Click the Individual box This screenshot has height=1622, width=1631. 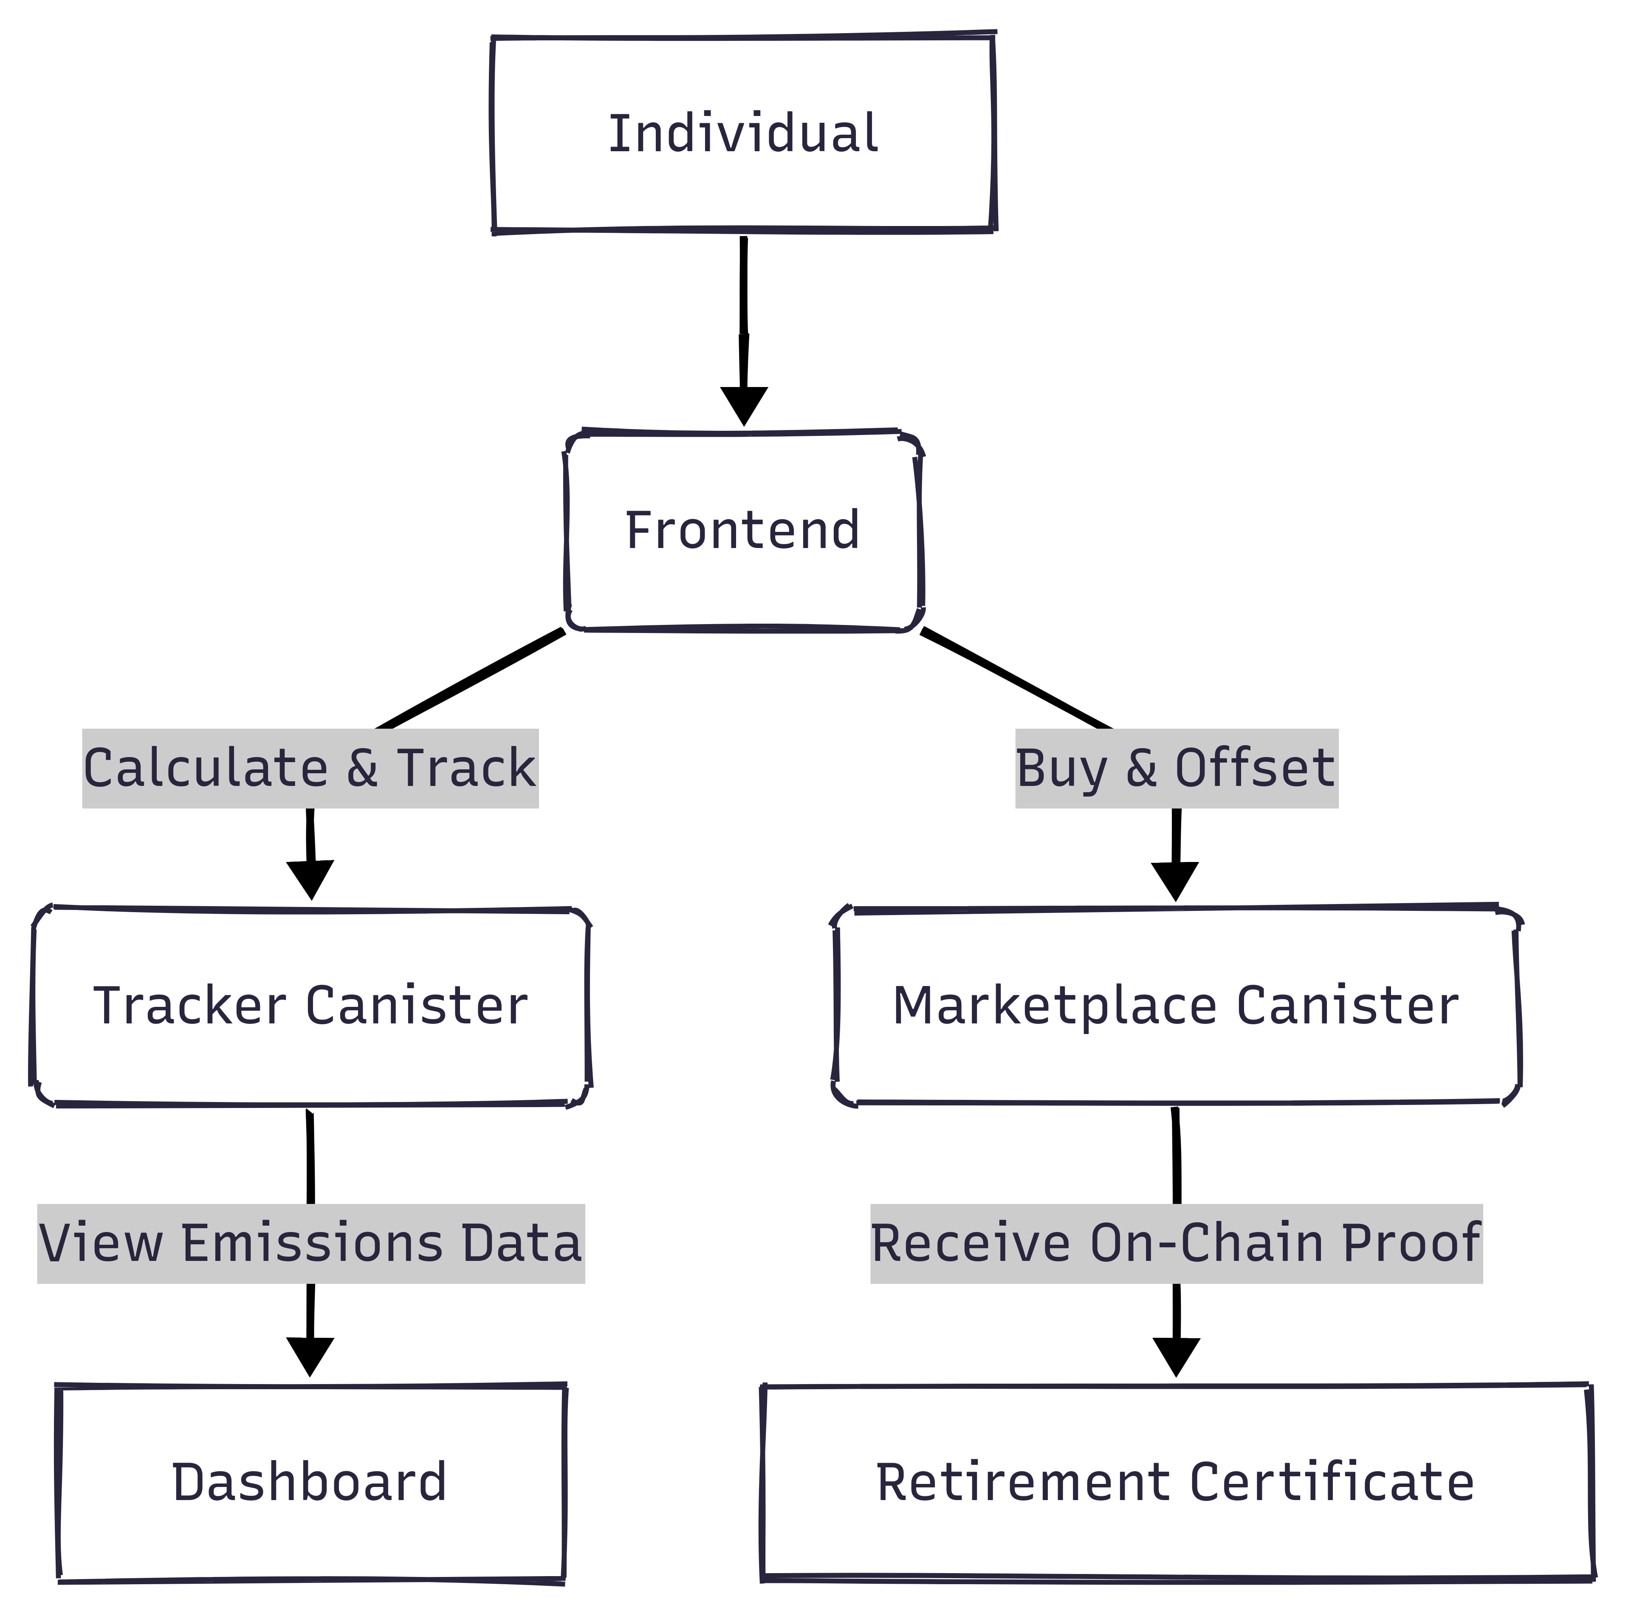pos(743,133)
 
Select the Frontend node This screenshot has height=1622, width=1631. pos(743,530)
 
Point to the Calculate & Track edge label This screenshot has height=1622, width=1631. pos(310,769)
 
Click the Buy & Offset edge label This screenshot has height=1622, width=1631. pos(1176,769)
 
